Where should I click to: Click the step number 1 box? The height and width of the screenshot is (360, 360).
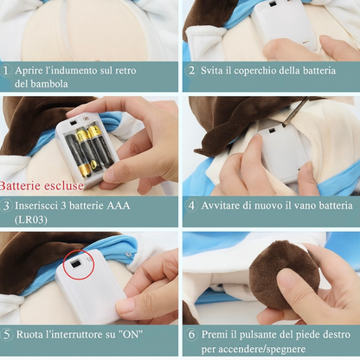[7, 70]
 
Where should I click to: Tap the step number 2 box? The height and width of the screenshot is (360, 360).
[190, 70]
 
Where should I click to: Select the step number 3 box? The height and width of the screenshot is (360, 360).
[7, 206]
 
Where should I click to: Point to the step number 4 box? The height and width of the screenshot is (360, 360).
[190, 206]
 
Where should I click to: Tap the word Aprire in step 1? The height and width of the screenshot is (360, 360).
[32, 70]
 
